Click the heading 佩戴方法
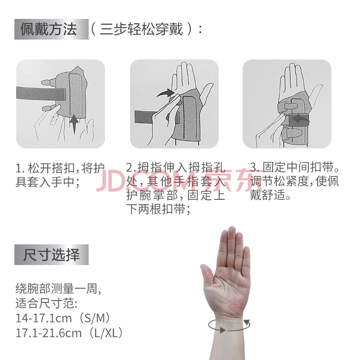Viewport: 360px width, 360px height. coord(49,29)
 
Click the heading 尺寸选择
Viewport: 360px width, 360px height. coord(51,255)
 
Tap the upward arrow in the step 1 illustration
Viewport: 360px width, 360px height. coord(74,124)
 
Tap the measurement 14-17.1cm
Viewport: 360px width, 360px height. coord(44,319)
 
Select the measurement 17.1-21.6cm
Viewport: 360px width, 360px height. coord(49,333)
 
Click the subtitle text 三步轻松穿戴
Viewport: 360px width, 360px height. coord(141,29)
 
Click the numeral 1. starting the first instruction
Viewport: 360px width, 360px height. coord(20,168)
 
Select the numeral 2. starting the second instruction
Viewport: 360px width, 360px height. coord(131,167)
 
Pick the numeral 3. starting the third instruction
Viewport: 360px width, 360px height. coord(254,167)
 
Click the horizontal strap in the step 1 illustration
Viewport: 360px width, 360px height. coord(41,94)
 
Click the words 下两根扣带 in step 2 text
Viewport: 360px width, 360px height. coord(156,209)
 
